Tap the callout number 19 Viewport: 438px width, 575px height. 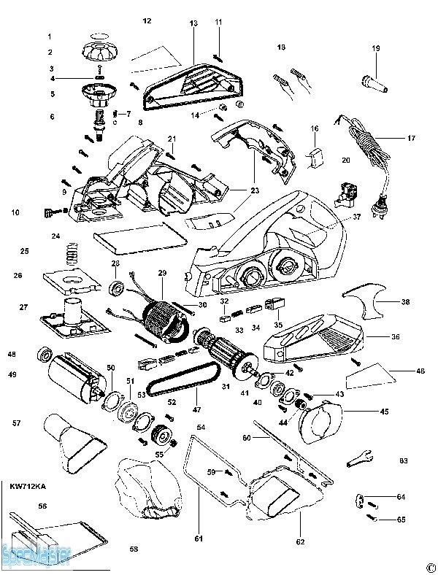pyautogui.click(x=377, y=49)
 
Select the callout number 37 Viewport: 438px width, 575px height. pyautogui.click(x=357, y=217)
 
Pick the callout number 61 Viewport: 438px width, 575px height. pyautogui.click(x=198, y=539)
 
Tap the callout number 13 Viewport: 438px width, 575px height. pyautogui.click(x=193, y=24)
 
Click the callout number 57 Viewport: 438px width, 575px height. pyautogui.click(x=16, y=424)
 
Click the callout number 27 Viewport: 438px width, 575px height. pyautogui.click(x=23, y=307)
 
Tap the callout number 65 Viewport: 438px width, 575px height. pyautogui.click(x=401, y=520)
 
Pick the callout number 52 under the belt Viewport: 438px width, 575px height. pyautogui.click(x=172, y=401)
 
